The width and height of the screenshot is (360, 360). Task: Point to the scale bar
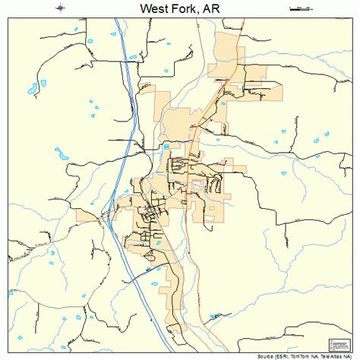(x=301, y=9)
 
